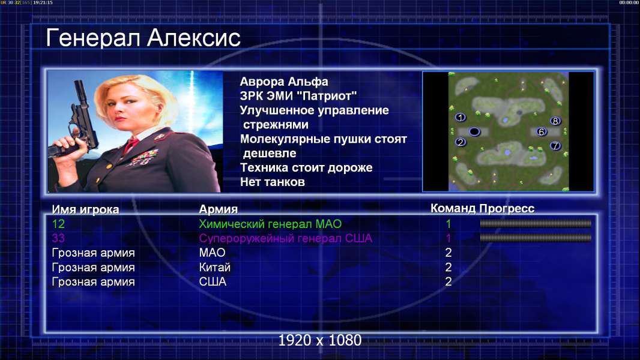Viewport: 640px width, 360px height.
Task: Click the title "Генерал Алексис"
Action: coord(143,38)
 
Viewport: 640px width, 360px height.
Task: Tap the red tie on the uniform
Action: coord(131,144)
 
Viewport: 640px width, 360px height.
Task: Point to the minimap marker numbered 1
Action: coord(460,118)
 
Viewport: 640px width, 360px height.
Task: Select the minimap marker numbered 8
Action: coord(555,121)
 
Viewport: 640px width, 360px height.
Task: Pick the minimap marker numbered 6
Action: coord(541,131)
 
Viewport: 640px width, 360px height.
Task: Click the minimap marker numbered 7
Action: coord(555,146)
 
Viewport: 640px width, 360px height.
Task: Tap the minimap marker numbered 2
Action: coord(460,142)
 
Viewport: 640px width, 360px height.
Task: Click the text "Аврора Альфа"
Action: coord(283,82)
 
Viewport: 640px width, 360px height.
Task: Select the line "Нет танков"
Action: coord(272,182)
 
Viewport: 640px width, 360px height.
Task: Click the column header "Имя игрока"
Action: coord(85,209)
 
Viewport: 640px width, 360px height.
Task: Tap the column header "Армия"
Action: coord(218,209)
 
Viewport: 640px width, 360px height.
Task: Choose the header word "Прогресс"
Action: coord(507,208)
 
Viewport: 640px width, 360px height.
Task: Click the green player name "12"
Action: coord(58,224)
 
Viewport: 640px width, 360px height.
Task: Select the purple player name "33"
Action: coord(58,238)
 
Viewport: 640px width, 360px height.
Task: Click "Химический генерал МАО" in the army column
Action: coord(270,224)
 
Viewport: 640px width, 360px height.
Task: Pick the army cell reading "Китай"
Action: coord(215,268)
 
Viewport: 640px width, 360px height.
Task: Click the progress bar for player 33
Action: coord(536,238)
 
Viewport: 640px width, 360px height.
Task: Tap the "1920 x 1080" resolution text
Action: coord(320,340)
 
